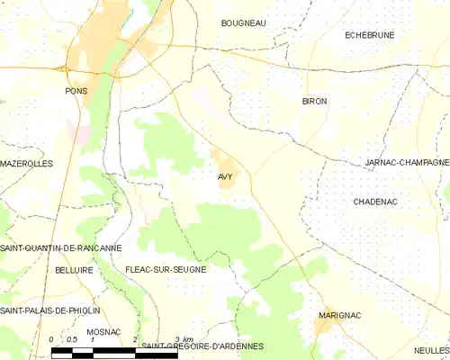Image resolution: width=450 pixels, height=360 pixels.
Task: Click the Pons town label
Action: tap(76, 91)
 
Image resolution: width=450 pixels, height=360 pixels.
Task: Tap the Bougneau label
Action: tap(243, 22)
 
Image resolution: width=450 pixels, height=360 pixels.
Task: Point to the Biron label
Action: tap(314, 102)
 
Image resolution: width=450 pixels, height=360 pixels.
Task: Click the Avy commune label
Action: tap(224, 176)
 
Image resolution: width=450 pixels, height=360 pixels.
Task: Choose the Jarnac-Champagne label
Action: tap(406, 163)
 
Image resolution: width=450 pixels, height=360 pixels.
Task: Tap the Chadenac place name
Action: tap(376, 202)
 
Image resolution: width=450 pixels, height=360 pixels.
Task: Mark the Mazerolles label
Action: tap(27, 164)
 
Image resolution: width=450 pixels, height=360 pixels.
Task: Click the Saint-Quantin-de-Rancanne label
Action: tap(61, 247)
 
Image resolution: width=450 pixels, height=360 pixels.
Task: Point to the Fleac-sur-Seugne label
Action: tap(166, 269)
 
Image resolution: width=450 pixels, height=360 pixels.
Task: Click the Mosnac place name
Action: tap(103, 332)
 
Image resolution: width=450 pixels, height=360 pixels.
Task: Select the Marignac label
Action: tap(339, 316)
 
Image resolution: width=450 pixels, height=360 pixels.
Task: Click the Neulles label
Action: tap(431, 350)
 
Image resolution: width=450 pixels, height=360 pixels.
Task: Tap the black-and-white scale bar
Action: tap(94, 352)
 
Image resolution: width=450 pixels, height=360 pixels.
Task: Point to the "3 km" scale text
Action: tap(184, 337)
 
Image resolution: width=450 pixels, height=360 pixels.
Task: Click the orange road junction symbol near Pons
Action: tap(64, 68)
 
